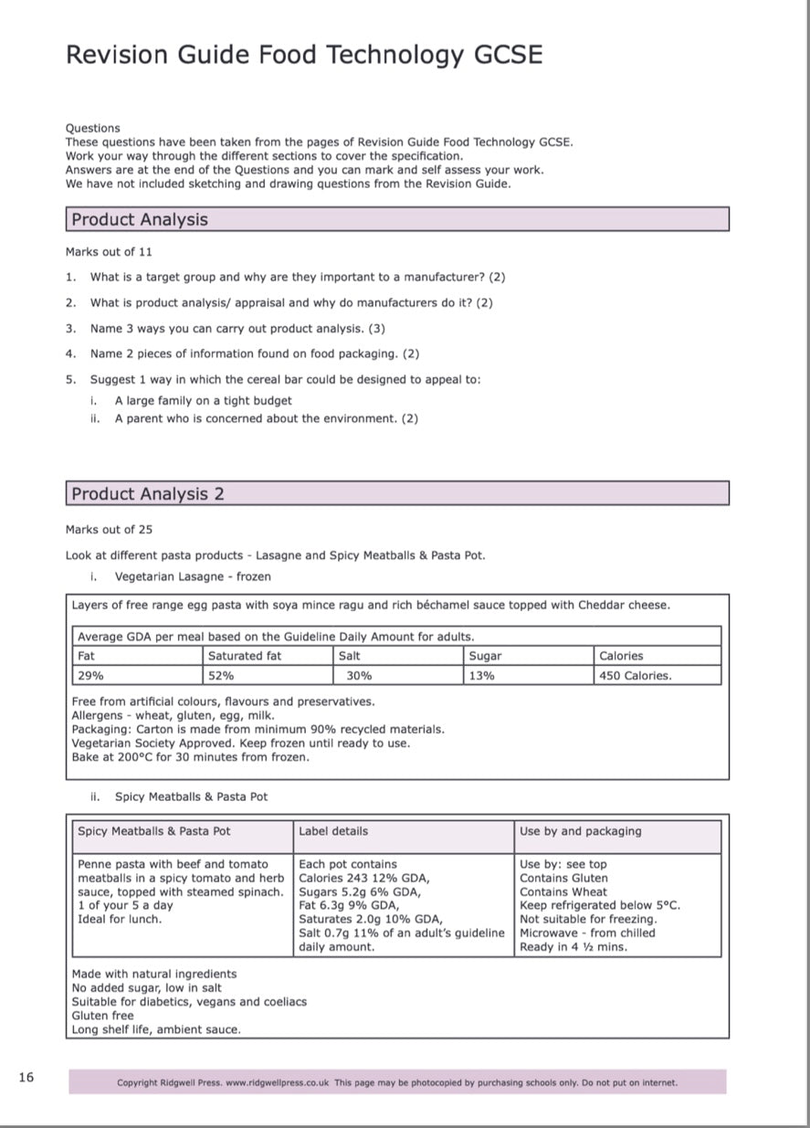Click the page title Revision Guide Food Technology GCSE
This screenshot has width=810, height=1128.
[x=304, y=56]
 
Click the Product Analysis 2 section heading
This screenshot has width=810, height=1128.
[x=148, y=494]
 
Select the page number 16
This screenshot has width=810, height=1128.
[x=26, y=1078]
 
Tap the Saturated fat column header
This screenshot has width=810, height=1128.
[x=245, y=656]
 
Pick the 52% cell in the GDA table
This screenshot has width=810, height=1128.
[x=221, y=676]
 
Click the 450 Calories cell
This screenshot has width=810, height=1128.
[x=635, y=676]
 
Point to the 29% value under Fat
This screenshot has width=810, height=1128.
[x=90, y=676]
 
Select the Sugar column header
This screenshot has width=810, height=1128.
[x=485, y=656]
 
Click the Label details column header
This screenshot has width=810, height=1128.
[x=333, y=831]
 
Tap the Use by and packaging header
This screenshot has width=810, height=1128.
[x=580, y=831]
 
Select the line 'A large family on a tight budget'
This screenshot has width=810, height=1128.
[x=203, y=400]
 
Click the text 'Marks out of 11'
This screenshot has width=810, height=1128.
[x=100, y=251]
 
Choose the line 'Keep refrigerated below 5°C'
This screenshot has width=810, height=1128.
[x=600, y=905]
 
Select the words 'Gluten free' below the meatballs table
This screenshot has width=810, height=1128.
[x=102, y=1016]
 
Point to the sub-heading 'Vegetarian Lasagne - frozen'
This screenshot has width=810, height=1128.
[x=192, y=576]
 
